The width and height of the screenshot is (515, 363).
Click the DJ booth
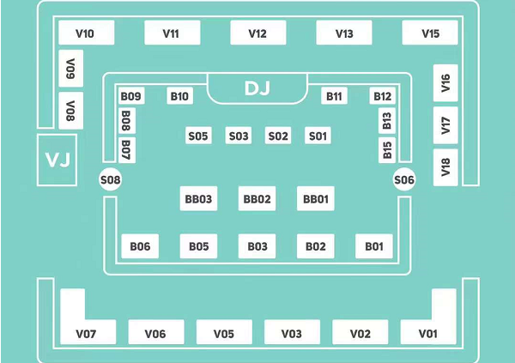pyautogui.click(x=257, y=88)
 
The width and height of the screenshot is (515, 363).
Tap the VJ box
pyautogui.click(x=58, y=160)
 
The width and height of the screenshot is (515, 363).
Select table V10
pyautogui.click(x=87, y=33)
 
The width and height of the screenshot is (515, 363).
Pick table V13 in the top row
pyautogui.click(x=344, y=33)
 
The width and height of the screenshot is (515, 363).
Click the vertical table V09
pyautogui.click(x=70, y=69)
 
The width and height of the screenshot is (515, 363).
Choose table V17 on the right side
pyautogui.click(x=445, y=125)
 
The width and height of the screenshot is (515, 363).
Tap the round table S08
pyautogui.click(x=111, y=179)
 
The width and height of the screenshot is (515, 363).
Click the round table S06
pyautogui.click(x=404, y=179)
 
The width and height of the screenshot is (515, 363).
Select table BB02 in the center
pyautogui.click(x=257, y=198)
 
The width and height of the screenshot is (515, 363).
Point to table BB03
pyautogui.click(x=198, y=198)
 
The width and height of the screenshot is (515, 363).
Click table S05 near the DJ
pyautogui.click(x=198, y=136)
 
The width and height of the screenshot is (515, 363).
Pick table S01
pyautogui.click(x=318, y=136)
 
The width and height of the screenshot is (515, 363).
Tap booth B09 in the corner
pyautogui.click(x=131, y=96)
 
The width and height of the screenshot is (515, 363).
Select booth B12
pyautogui.click(x=382, y=96)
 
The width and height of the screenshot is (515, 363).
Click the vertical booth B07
pyautogui.click(x=127, y=150)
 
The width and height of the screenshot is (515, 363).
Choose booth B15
pyautogui.click(x=387, y=150)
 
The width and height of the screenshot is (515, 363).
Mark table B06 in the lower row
pyautogui.click(x=140, y=246)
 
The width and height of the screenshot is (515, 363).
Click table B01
pyautogui.click(x=374, y=246)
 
